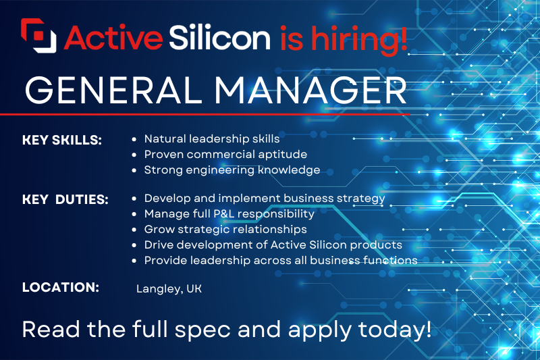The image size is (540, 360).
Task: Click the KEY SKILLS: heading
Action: pyautogui.click(x=61, y=140)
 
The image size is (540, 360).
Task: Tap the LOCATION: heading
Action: pyautogui.click(x=61, y=287)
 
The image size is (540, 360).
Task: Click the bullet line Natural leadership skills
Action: pyautogui.click(x=212, y=139)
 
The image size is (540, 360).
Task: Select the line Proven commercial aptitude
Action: pyautogui.click(x=225, y=155)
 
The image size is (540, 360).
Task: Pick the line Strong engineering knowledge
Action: pyautogui.click(x=232, y=170)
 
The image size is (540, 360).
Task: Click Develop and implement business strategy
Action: pyautogui.click(x=265, y=199)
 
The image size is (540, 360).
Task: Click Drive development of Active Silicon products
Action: pyautogui.click(x=273, y=245)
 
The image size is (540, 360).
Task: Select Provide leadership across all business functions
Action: pyautogui.click(x=281, y=260)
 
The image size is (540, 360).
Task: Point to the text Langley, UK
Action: pyautogui.click(x=169, y=288)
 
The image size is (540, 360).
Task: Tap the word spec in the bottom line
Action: pyautogui.click(x=219, y=332)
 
